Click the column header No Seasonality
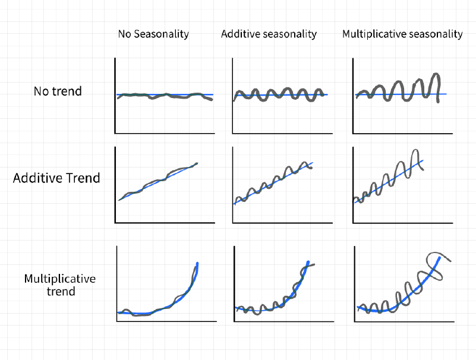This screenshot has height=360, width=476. click(x=153, y=34)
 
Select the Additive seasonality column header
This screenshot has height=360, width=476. click(x=269, y=34)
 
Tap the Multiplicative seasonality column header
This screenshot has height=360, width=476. click(x=402, y=34)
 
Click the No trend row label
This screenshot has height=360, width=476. click(x=58, y=91)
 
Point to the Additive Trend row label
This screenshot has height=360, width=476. click(x=56, y=178)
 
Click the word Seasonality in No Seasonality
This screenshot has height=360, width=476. click(x=161, y=34)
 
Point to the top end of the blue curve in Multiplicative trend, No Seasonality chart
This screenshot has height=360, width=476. click(x=197, y=263)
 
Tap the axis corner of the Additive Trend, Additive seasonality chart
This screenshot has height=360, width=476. click(x=232, y=223)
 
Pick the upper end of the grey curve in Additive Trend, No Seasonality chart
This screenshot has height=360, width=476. click(x=197, y=163)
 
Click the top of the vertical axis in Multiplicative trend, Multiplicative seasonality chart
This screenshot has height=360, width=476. click(x=355, y=246)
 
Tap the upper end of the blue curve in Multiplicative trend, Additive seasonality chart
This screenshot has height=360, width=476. click(x=308, y=261)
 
